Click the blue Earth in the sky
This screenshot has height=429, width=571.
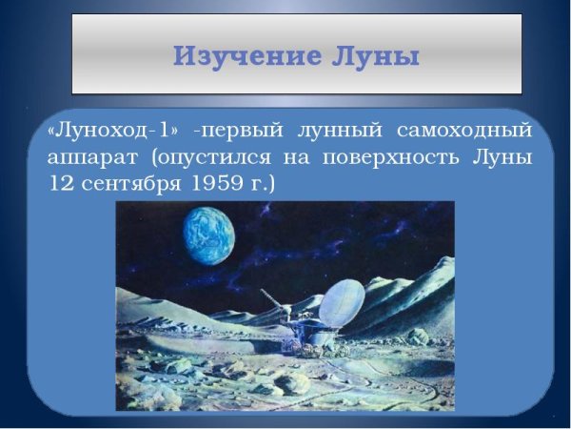pyautogui.click(x=209, y=236)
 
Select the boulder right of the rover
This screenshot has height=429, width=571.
pyautogui.click(x=417, y=336)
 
